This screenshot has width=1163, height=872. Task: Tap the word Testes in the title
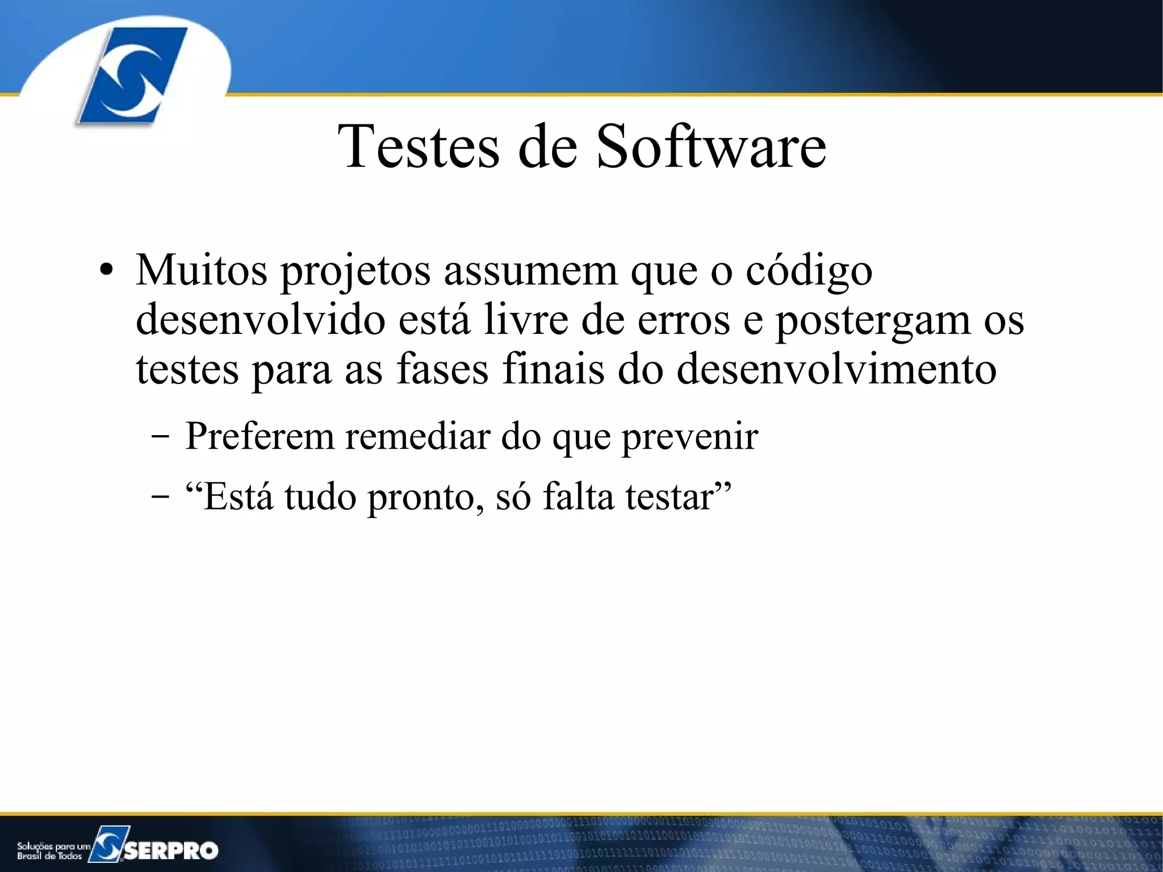point(419,147)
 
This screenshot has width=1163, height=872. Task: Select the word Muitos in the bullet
point(201,270)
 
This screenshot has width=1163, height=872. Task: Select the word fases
point(442,369)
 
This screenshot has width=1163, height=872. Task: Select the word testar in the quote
point(670,497)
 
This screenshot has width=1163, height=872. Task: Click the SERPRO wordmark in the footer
point(170,850)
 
